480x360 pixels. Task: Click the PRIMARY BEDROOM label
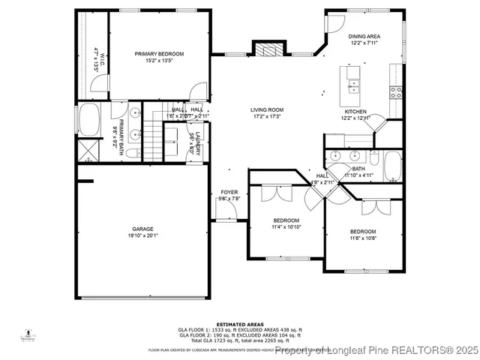[159, 54]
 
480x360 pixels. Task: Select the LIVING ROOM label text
[267, 110]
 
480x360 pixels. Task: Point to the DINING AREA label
[364, 37]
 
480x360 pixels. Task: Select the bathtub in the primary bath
[90, 120]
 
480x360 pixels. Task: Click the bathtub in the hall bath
[392, 166]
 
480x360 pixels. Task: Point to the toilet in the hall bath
[371, 158]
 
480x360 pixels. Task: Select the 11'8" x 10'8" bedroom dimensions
[363, 238]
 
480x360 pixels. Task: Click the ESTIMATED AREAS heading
[240, 324]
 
